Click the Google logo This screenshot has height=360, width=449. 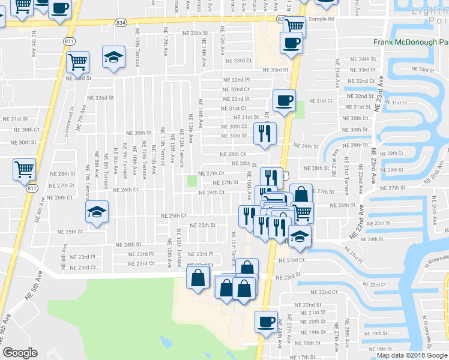pyautogui.click(x=20, y=353)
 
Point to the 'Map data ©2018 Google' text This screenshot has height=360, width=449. pyautogui.click(x=411, y=355)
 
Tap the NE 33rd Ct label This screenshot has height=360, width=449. pyautogui.click(x=238, y=61)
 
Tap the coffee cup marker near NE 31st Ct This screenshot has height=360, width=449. pyautogui.click(x=284, y=100)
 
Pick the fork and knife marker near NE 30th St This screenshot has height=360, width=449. pyautogui.click(x=264, y=134)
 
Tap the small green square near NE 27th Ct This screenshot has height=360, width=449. pyautogui.click(x=192, y=181)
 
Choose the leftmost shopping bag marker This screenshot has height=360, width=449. pyautogui.click(x=198, y=277)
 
